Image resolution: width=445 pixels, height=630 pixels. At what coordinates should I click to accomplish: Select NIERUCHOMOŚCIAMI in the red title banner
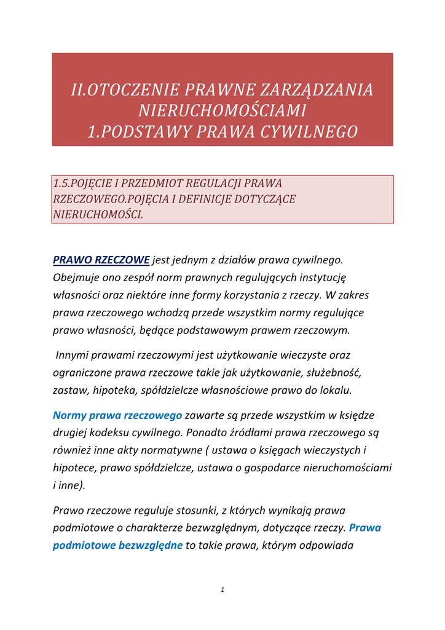222,111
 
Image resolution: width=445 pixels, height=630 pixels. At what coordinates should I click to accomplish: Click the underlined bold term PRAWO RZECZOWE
101,260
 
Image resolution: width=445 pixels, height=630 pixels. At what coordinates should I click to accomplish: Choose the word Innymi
75,355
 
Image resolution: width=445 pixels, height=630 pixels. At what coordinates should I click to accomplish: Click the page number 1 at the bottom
222,591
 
